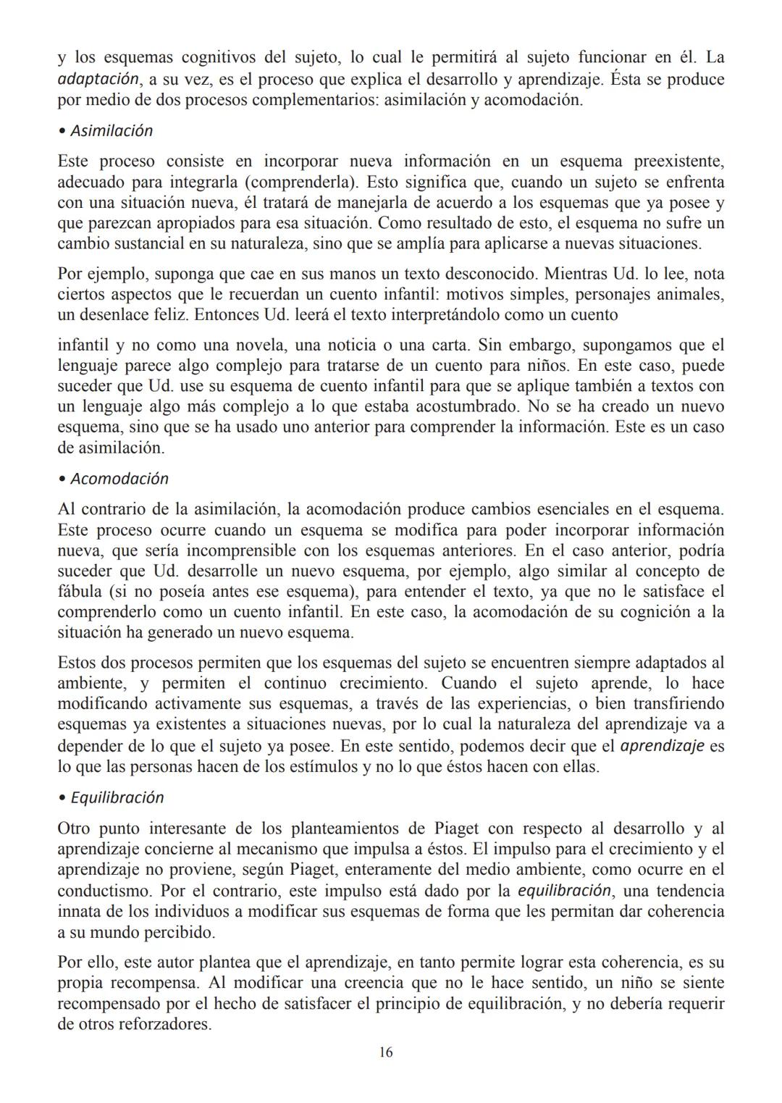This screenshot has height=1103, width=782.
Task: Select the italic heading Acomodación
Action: pos(119,479)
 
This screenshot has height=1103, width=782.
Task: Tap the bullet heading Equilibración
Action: pos(117,798)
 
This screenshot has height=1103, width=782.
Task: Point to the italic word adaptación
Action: pos(98,80)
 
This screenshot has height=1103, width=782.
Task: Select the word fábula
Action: pos(80,592)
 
